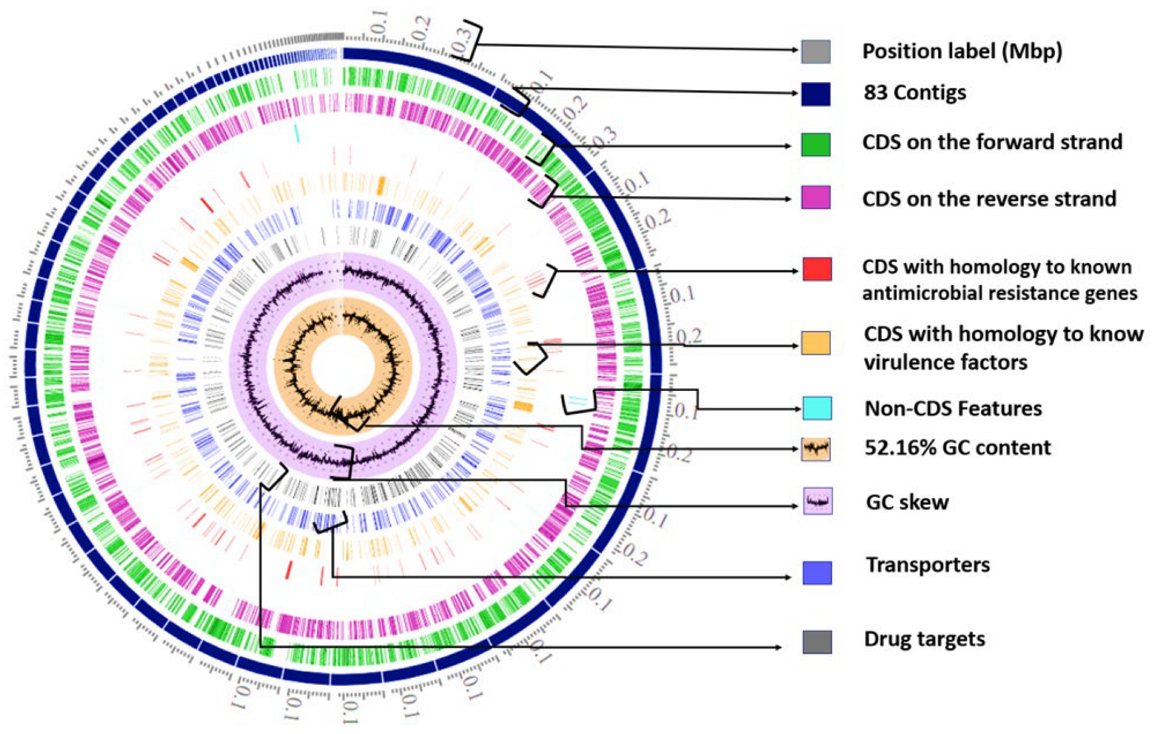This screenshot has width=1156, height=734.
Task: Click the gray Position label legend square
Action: click(816, 51)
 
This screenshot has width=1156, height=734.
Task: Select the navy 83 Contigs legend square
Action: click(816, 94)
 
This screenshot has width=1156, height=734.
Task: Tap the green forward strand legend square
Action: click(816, 144)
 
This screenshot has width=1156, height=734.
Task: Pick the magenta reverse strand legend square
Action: click(816, 197)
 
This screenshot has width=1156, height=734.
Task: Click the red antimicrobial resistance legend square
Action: click(817, 269)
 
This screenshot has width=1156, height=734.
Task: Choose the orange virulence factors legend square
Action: click(816, 343)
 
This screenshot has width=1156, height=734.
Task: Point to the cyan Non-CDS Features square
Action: click(817, 408)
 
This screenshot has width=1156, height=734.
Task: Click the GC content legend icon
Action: click(816, 449)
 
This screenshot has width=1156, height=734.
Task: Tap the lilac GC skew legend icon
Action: click(818, 501)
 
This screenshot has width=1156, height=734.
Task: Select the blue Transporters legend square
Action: click(817, 572)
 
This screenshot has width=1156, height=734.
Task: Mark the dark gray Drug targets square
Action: click(817, 642)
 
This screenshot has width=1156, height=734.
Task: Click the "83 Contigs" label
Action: click(915, 93)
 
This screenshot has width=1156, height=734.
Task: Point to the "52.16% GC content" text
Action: click(957, 448)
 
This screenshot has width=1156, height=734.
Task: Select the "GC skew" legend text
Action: click(907, 502)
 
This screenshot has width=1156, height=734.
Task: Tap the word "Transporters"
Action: click(928, 565)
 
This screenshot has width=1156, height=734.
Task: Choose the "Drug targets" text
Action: click(924, 639)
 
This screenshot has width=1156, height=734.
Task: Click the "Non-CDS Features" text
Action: click(953, 409)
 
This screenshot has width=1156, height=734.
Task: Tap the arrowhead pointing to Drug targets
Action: click(778, 647)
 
